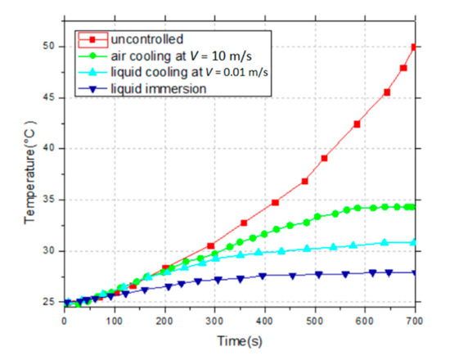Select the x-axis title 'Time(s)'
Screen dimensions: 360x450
239,339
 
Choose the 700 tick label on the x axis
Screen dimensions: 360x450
414,320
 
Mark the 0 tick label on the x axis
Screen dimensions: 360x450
64,320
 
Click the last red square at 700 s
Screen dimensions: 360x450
414,47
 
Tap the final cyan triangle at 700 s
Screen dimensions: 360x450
414,242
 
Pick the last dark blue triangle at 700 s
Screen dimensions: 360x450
414,272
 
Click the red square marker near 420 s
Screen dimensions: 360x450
275,202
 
